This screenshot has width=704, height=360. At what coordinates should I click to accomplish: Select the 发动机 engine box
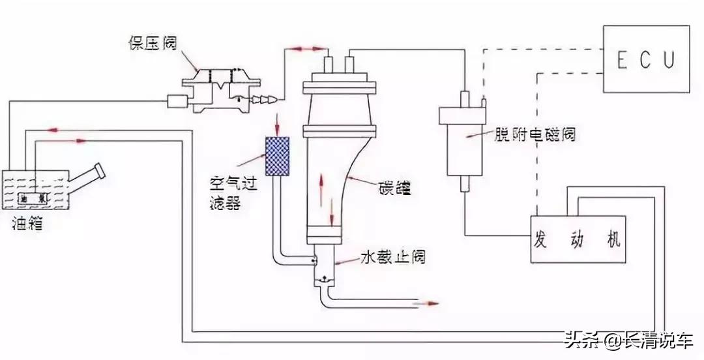point(578,239)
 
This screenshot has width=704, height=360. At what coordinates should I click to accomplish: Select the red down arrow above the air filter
point(277,121)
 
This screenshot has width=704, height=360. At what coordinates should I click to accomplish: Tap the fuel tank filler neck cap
point(98,170)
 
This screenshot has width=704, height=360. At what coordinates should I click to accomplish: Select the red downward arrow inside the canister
point(332,210)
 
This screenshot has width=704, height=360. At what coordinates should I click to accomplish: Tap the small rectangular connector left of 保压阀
point(177,101)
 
